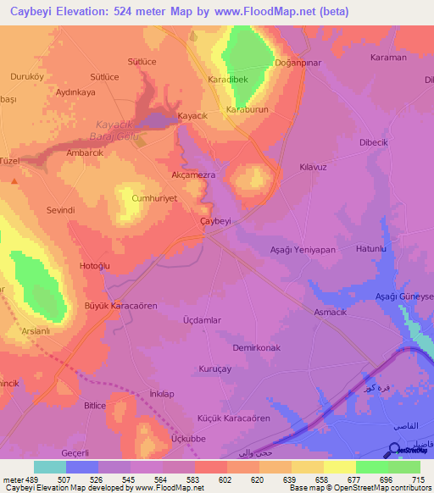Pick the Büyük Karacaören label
click(x=120, y=305)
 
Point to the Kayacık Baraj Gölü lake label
click(x=118, y=130)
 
